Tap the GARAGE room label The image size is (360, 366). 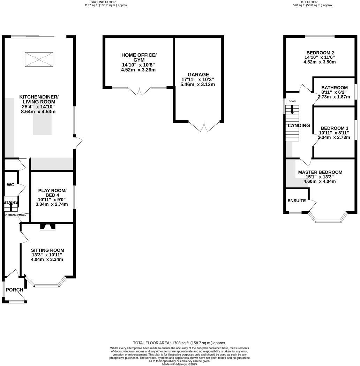(198, 74)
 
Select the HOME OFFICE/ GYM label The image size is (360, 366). (139, 58)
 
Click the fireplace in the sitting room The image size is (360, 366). (48, 227)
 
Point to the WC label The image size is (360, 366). (10, 184)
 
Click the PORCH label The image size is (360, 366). (14, 290)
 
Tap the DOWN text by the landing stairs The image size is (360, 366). (292, 101)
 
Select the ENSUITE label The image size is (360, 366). (297, 201)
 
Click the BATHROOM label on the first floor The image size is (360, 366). (335, 88)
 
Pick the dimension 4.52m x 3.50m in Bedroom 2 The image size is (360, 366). (319, 62)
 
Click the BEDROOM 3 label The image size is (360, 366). (335, 128)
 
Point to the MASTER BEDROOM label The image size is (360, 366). (320, 172)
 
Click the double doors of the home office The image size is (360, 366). (139, 91)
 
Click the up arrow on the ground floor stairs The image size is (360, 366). (10, 207)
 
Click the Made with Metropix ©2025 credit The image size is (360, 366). (179, 364)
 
